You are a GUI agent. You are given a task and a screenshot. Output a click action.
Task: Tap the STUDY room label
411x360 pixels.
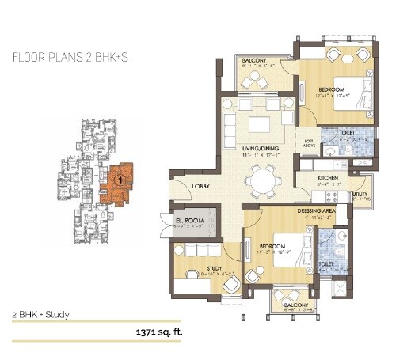215,269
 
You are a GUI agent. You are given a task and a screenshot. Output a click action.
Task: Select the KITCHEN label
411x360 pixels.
328,179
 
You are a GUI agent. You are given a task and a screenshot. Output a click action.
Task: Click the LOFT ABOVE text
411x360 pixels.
310,143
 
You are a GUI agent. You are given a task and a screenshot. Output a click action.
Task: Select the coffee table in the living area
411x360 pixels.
258,124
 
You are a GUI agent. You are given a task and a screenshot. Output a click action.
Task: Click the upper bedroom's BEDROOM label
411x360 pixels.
330,90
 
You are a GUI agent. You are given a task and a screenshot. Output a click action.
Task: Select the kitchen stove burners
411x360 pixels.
337,195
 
